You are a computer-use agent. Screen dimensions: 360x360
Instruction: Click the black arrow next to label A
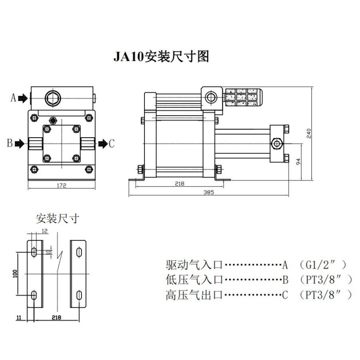click(x=22, y=98)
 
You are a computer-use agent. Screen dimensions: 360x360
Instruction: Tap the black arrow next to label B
click(x=19, y=144)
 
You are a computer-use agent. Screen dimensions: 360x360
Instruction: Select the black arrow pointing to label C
click(x=102, y=144)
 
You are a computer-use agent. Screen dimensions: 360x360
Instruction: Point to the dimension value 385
click(x=208, y=192)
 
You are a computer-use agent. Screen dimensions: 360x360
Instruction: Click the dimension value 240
click(x=309, y=133)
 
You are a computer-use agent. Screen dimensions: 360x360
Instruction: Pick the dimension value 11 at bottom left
click(x=18, y=318)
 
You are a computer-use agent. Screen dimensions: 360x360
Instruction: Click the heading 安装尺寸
click(x=58, y=219)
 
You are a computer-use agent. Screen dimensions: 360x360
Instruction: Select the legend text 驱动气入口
click(x=194, y=264)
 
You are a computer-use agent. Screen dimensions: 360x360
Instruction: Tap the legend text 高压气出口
click(x=194, y=295)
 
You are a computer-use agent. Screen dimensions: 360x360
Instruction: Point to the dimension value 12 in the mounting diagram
click(x=44, y=231)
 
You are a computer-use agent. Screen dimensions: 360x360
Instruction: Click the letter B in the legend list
click(x=285, y=280)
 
